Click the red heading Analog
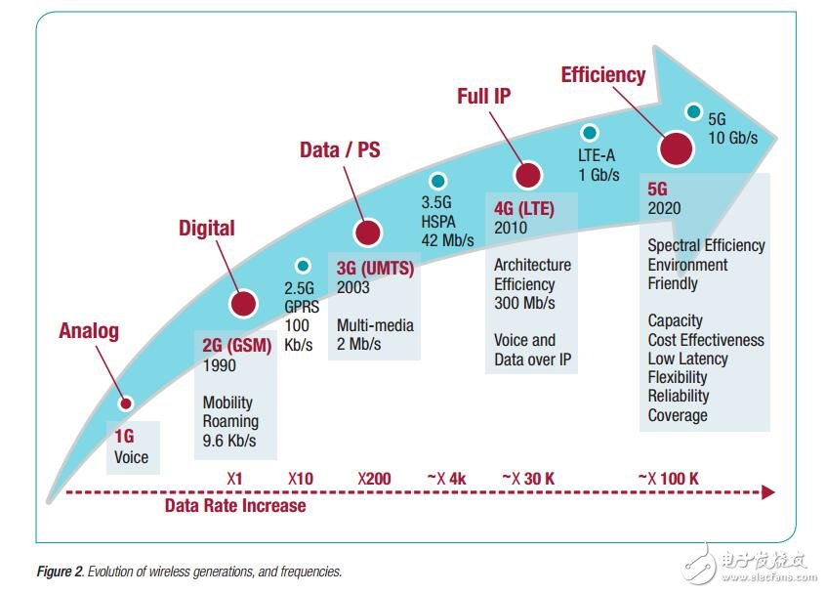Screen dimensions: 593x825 click(89, 330)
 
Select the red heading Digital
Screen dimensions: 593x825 click(206, 228)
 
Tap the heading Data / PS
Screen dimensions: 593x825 click(339, 149)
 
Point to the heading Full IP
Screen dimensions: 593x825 click(483, 97)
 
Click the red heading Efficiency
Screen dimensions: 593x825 click(602, 74)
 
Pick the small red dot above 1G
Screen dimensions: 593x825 click(124, 403)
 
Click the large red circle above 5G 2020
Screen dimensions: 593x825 click(676, 148)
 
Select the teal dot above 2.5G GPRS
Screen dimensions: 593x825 click(303, 265)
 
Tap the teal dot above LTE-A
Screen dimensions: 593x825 click(589, 132)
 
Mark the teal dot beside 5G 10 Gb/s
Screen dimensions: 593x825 click(693, 111)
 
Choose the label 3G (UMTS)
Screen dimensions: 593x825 click(375, 269)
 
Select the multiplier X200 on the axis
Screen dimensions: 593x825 click(374, 478)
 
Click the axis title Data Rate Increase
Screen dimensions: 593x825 click(234, 505)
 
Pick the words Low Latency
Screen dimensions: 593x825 click(687, 359)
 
